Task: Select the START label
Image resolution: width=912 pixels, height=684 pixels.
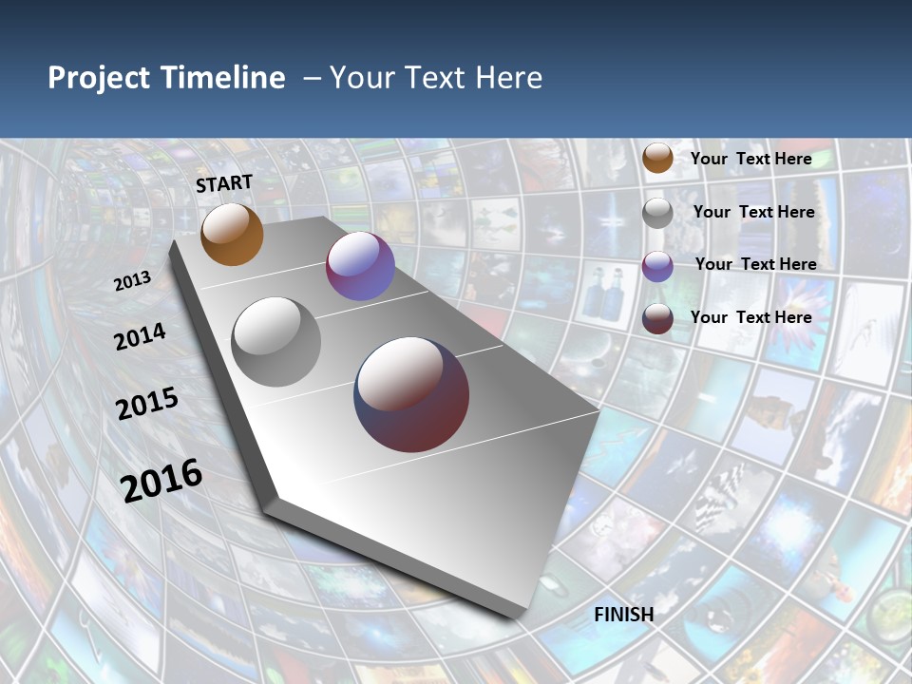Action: click(224, 183)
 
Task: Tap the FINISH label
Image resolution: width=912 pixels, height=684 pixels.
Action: click(624, 615)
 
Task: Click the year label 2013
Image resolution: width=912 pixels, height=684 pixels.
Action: click(132, 281)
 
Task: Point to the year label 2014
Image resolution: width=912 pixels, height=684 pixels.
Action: click(140, 337)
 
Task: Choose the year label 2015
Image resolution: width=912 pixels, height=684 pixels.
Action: click(147, 404)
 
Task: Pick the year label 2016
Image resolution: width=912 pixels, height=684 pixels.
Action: click(161, 480)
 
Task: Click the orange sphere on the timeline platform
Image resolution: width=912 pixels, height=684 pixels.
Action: click(232, 235)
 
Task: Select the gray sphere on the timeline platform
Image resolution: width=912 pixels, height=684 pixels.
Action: click(276, 342)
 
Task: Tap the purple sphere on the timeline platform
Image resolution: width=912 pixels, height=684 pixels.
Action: click(360, 266)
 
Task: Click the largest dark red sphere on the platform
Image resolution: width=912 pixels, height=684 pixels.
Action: click(411, 394)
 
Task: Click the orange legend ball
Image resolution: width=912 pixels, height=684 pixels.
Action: click(657, 159)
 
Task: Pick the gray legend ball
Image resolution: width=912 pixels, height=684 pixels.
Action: click(657, 213)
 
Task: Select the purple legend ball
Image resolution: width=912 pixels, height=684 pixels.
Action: click(657, 266)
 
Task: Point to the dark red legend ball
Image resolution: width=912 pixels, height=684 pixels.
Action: click(657, 318)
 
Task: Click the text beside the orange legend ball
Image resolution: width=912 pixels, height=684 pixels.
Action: click(750, 159)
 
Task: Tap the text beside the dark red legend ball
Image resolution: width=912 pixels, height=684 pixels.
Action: click(750, 317)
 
